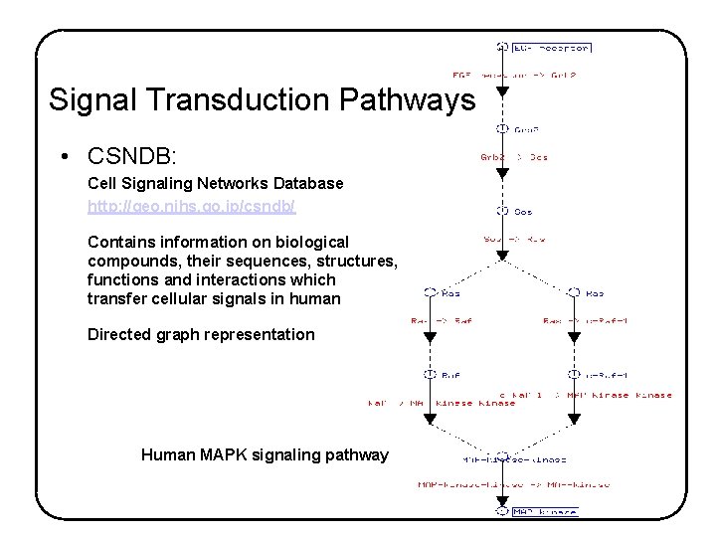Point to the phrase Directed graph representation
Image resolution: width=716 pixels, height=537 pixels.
point(201,334)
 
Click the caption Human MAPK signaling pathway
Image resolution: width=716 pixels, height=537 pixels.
point(265,454)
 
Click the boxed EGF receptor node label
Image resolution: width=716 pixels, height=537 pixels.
point(552,47)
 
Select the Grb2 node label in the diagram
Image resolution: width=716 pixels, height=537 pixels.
point(527,129)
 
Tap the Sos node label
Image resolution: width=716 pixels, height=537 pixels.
point(523,211)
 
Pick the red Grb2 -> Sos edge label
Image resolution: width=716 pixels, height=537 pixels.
point(514,157)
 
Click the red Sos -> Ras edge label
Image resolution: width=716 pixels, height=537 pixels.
point(514,239)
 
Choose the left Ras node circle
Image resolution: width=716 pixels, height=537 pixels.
point(430,292)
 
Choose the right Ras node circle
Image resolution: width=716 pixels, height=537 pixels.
point(573,292)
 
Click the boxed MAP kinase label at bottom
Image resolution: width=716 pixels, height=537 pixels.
point(545,512)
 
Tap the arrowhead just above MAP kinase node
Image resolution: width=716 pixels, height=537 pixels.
point(502,500)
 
